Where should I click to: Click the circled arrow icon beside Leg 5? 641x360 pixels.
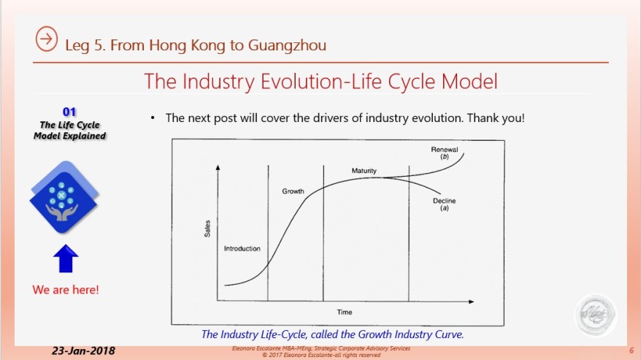pos(47,40)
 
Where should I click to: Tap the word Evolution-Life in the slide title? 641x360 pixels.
pos(316,80)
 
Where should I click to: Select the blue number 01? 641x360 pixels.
pos(69,112)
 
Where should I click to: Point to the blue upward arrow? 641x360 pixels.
pos(64,258)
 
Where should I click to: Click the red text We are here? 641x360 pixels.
pos(66,290)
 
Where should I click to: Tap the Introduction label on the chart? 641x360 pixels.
pos(242,249)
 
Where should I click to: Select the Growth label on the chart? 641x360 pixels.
pos(293,191)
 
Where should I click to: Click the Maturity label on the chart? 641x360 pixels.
pos(364,172)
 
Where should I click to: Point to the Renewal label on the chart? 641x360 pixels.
pos(443,150)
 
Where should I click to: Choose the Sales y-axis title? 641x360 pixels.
pos(207,228)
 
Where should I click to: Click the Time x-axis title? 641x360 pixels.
pos(345,312)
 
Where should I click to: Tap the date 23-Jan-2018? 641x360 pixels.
pos(83,351)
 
